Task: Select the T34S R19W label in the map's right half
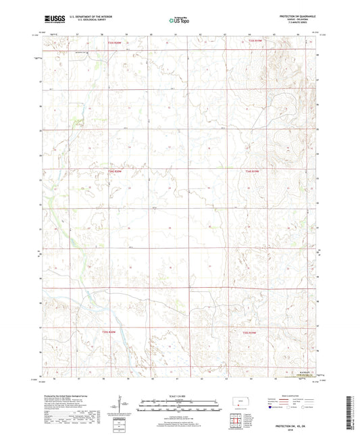[249, 172]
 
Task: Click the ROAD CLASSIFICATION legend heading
[298, 395]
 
